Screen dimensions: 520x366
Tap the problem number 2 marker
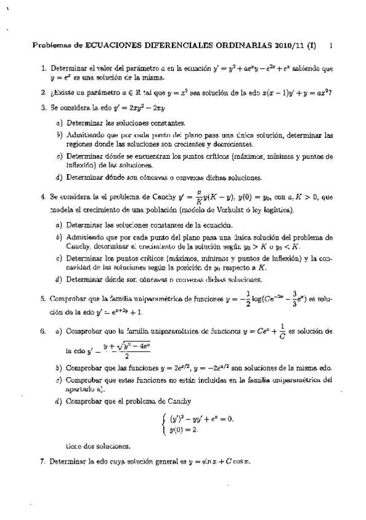pos(42,93)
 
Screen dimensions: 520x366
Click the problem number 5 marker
pos(42,300)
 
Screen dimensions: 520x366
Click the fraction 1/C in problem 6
pos(282,331)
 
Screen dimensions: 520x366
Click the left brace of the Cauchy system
pos(163,424)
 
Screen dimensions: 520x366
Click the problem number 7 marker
pos(42,461)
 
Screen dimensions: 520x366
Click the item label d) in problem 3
pos(58,178)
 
